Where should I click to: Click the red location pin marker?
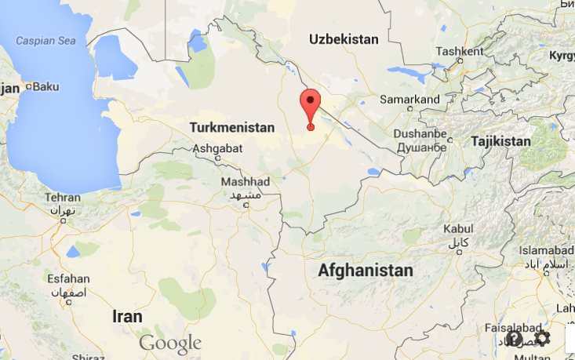(311, 105)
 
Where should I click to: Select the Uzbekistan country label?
(343, 39)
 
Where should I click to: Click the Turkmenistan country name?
(232, 127)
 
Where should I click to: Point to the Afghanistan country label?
(365, 271)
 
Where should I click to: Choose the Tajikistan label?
(500, 141)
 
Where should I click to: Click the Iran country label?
(127, 317)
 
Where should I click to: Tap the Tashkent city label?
(459, 52)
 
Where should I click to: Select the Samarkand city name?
(409, 100)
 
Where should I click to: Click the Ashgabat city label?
(217, 147)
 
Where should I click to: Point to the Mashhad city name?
(245, 181)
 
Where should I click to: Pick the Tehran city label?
(62, 198)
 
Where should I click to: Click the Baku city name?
(45, 86)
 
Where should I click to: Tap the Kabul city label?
(458, 228)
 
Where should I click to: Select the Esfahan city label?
(68, 278)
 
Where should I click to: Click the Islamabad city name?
(547, 249)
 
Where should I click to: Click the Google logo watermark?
(170, 343)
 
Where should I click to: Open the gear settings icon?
(542, 339)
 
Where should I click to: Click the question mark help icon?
(515, 339)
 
